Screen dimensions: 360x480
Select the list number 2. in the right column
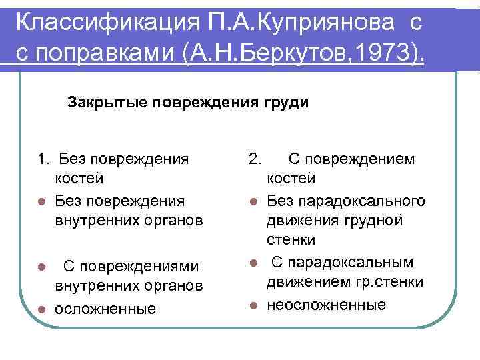tap(255, 159)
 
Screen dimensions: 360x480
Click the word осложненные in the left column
tap(105, 309)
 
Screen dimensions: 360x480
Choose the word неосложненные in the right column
tap(326, 305)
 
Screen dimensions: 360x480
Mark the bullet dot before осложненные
tap(41, 309)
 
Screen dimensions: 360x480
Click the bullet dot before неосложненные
tap(254, 305)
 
